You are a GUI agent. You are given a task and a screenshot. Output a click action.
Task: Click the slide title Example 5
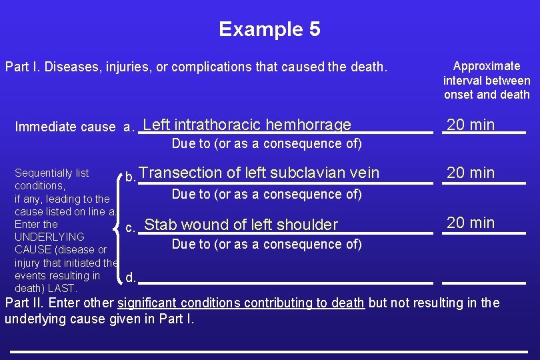(269, 29)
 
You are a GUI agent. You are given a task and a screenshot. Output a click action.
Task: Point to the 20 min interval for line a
(471, 125)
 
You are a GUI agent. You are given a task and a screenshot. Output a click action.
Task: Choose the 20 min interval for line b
(471, 173)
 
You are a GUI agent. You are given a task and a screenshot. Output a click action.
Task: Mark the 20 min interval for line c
(471, 223)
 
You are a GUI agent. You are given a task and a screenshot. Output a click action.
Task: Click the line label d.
(131, 277)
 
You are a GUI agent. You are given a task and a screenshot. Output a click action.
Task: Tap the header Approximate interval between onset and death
(487, 80)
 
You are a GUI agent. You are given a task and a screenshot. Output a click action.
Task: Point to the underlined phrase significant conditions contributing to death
(241, 303)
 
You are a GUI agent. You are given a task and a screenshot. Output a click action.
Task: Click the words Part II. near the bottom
(23, 303)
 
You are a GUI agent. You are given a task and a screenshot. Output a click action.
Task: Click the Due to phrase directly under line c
(267, 244)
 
